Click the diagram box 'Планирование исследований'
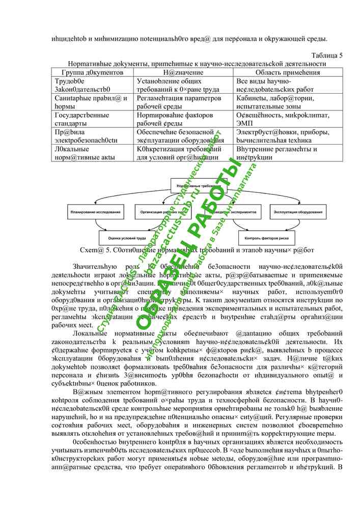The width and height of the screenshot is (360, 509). [x=96, y=211]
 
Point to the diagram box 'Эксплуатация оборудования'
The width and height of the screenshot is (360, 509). [x=296, y=211]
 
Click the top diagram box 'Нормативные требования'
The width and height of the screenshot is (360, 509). [x=196, y=187]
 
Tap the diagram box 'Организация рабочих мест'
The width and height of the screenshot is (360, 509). [x=162, y=211]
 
